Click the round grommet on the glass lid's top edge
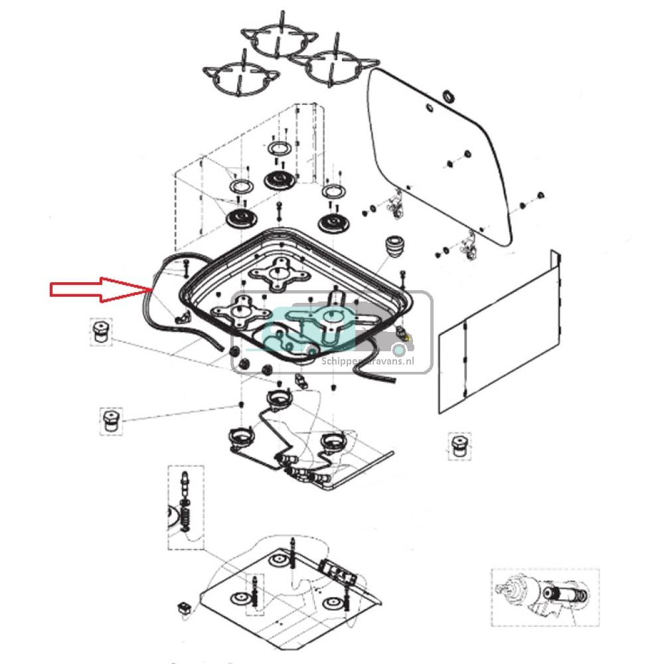click(x=448, y=97)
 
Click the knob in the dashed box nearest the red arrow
click(x=101, y=331)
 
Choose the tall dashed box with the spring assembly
click(x=184, y=507)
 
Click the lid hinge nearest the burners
click(x=397, y=206)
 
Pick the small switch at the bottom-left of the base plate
click(x=185, y=606)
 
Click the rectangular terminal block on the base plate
click(x=333, y=569)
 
